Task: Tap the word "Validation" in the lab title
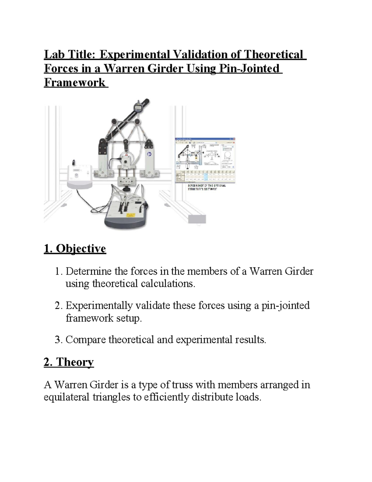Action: point(200,55)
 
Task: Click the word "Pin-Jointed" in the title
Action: point(249,69)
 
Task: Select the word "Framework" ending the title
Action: point(75,83)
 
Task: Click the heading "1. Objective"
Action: point(75,249)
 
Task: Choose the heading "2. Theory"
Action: point(69,362)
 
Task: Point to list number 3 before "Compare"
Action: point(58,340)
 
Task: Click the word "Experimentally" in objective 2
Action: point(99,306)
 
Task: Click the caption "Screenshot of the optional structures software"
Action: point(206,187)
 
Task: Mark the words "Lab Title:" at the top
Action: point(70,55)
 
